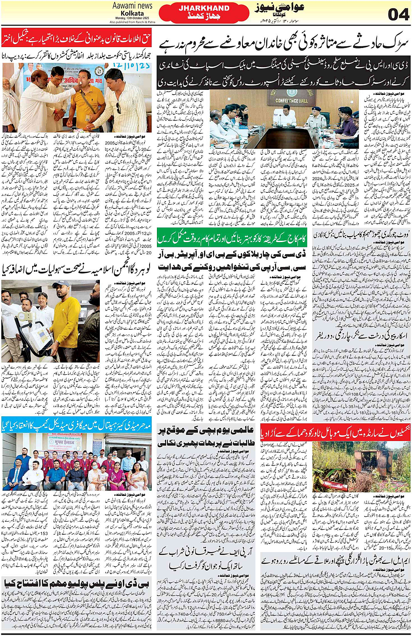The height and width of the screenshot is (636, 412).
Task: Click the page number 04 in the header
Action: click(x=398, y=14)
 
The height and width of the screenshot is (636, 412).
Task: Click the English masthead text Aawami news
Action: click(x=132, y=6)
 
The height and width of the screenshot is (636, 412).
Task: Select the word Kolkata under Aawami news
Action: click(x=132, y=13)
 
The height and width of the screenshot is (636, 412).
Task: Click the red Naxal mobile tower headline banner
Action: click(x=336, y=433)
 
